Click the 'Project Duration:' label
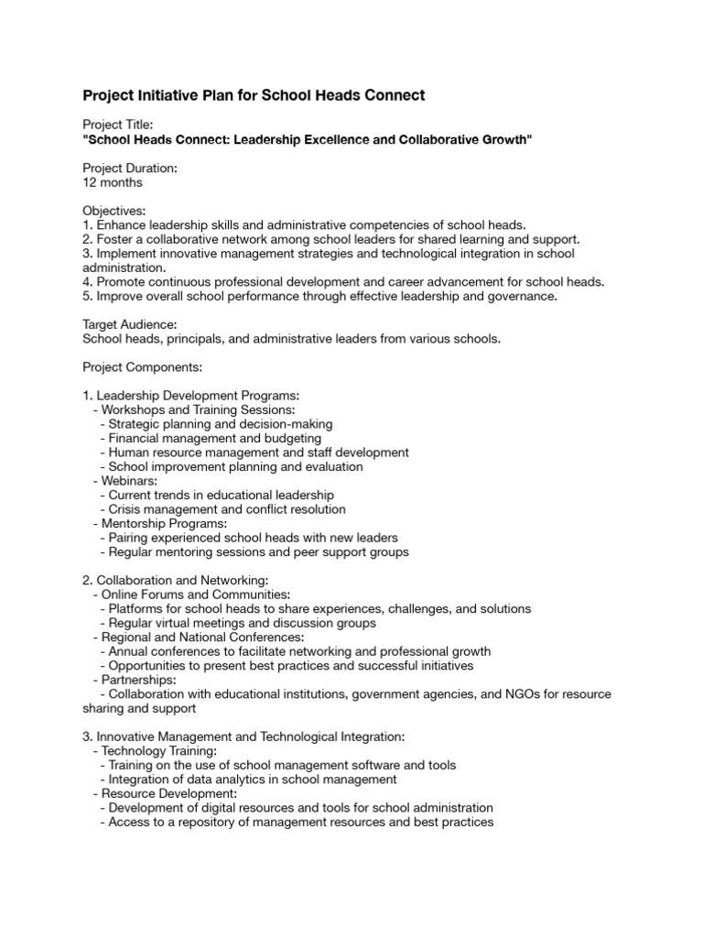pyautogui.click(x=130, y=168)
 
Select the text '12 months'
pyautogui.click(x=113, y=182)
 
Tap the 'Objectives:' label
pyautogui.click(x=114, y=211)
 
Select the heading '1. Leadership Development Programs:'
pyautogui.click(x=191, y=396)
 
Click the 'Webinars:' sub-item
pyautogui.click(x=129, y=481)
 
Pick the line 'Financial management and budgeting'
pyautogui.click(x=215, y=438)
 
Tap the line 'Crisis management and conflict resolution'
pyautogui.click(x=227, y=509)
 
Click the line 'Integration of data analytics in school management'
pyautogui.click(x=253, y=780)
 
